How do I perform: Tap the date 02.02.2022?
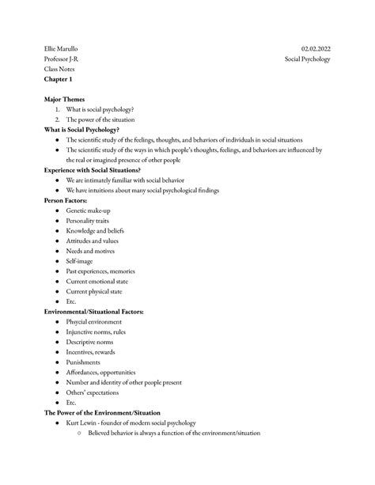coord(316,49)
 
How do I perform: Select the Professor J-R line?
coord(61,59)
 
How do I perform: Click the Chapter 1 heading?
coord(59,80)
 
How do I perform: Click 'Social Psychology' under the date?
coord(308,59)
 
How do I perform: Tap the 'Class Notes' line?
coord(59,70)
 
